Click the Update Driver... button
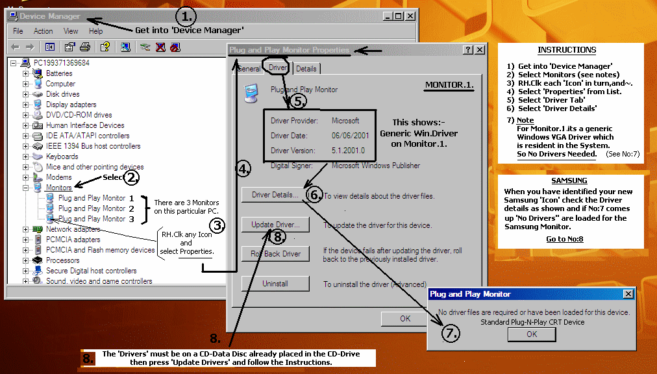(275, 225)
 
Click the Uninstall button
(275, 284)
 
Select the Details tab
(306, 69)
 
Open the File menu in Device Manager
(18, 31)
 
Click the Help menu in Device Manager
(95, 31)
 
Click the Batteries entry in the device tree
(59, 73)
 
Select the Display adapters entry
(71, 105)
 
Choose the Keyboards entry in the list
(62, 156)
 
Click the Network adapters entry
(73, 229)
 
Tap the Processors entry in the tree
(62, 260)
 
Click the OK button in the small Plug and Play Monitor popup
(532, 334)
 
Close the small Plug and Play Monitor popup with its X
(628, 294)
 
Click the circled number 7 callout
(451, 333)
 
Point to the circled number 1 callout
(186, 17)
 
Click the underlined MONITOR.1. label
(449, 85)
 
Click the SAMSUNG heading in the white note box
(569, 181)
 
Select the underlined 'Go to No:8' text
(564, 239)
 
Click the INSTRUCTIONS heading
(567, 50)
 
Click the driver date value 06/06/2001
(351, 136)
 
